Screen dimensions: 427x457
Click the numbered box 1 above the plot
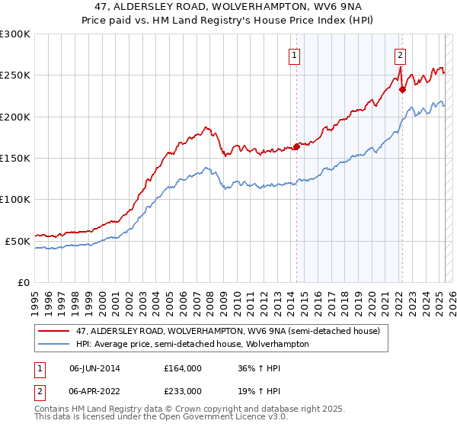[294, 54]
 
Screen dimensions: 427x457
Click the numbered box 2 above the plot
[400, 54]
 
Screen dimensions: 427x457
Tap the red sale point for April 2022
[403, 89]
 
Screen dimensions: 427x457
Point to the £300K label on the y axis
[14, 34]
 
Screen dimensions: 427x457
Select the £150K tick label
[14, 159]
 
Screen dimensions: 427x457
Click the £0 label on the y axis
[23, 282]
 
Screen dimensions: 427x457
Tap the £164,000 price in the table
[183, 368]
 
